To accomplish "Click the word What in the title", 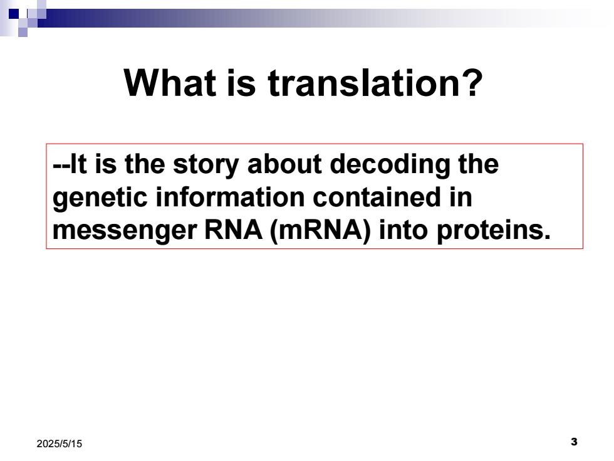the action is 170,83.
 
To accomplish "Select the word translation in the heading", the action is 364,83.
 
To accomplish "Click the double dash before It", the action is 61,165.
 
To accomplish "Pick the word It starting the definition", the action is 78,164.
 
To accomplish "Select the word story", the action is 206,166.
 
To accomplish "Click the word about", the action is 284,164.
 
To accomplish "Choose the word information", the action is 231,197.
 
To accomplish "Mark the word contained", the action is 377,197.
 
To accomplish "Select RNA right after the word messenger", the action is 233,230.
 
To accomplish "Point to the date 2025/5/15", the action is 60,444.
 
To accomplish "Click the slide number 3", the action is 574,442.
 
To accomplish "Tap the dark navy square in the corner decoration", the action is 14,14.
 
